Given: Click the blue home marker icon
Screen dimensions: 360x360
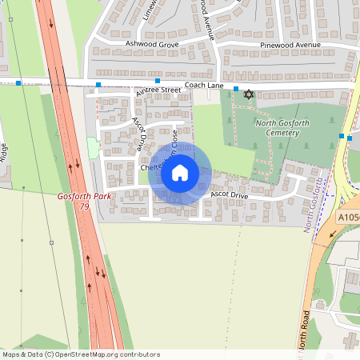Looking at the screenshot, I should click(180, 173).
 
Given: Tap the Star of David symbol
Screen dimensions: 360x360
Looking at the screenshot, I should click(248, 95).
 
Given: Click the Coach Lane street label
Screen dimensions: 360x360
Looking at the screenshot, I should click(203, 86).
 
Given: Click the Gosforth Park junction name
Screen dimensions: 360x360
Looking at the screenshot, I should click(85, 196).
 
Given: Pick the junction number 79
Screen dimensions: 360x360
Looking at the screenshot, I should click(85, 206).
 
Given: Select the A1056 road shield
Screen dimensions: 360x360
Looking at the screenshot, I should click(349, 217).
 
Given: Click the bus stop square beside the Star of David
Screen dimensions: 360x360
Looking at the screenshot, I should click(236, 88).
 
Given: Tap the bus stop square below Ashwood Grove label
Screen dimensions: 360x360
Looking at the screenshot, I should click(158, 82).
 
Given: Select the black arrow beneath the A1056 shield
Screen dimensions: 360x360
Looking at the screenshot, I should click(333, 234).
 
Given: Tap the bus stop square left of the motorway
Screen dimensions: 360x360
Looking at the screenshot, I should click(18, 82).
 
